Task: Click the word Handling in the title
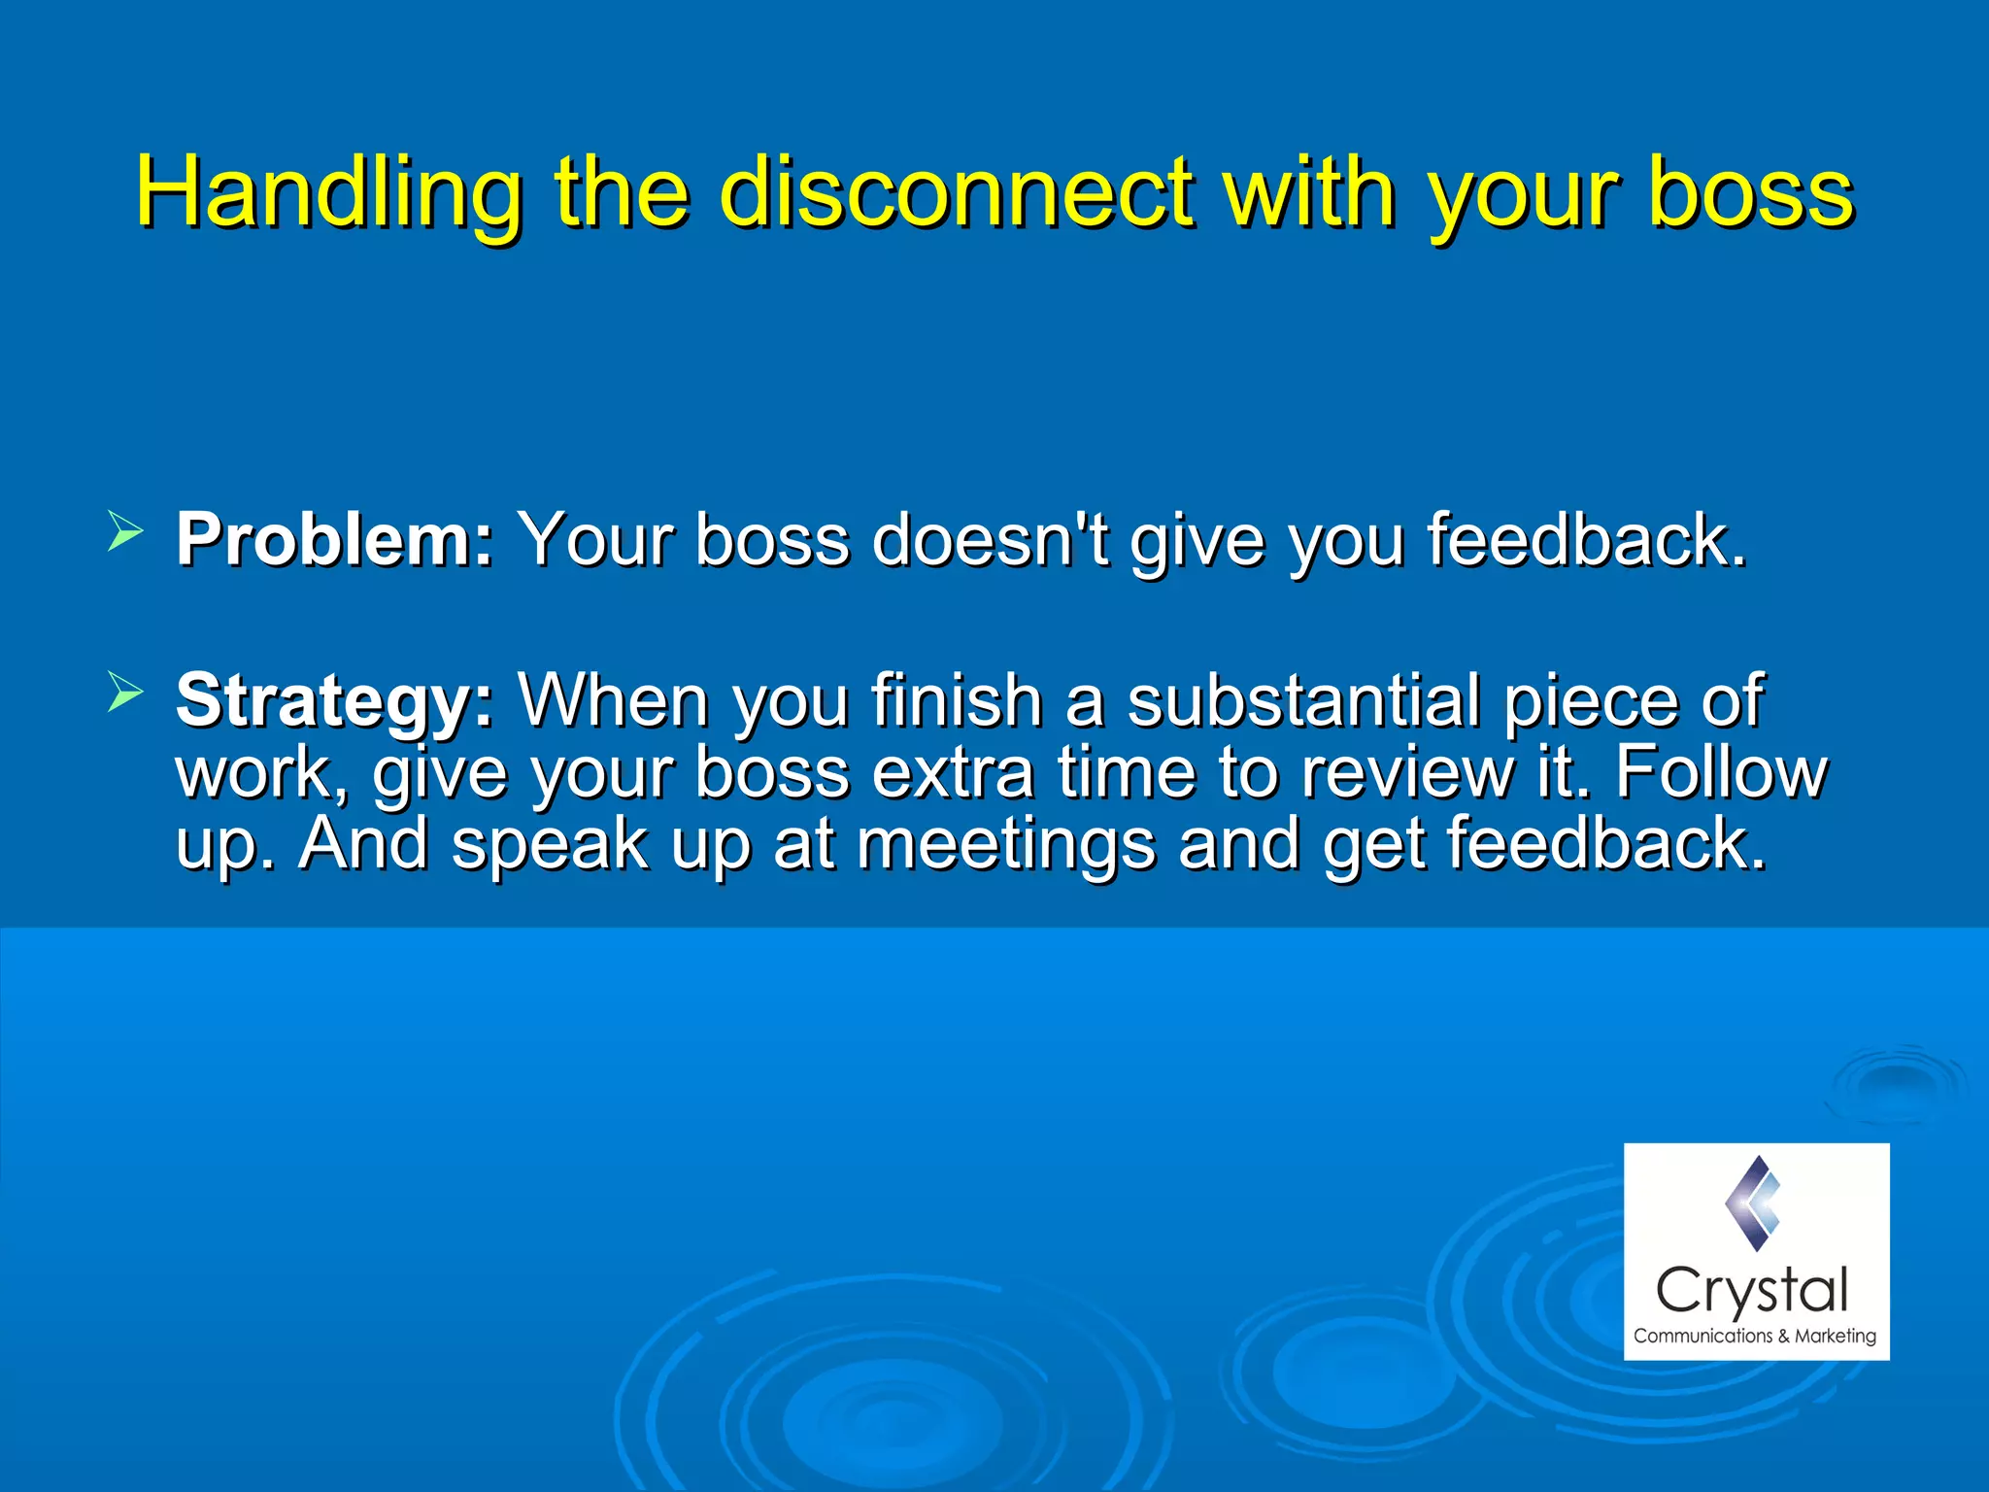(328, 191)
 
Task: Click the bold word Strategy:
(335, 701)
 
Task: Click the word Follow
(1721, 773)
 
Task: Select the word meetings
(1005, 844)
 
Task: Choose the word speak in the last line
(550, 844)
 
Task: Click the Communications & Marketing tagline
(1754, 1337)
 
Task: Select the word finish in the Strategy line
(956, 701)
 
